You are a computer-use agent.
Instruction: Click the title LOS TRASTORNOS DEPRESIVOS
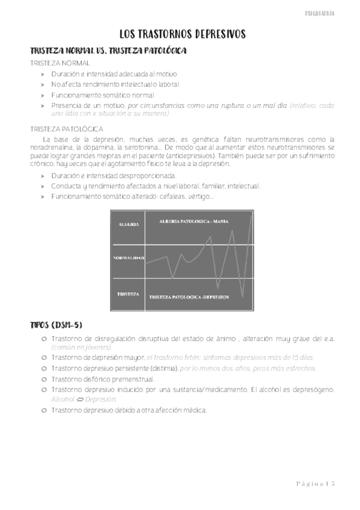[x=180, y=35]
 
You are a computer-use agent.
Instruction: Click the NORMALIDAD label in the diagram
[x=129, y=258]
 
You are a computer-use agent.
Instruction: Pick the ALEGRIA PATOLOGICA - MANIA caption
[x=188, y=222]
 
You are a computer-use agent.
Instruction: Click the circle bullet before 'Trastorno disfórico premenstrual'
[x=44, y=379]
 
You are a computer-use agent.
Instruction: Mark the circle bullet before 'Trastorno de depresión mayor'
[x=44, y=357]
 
